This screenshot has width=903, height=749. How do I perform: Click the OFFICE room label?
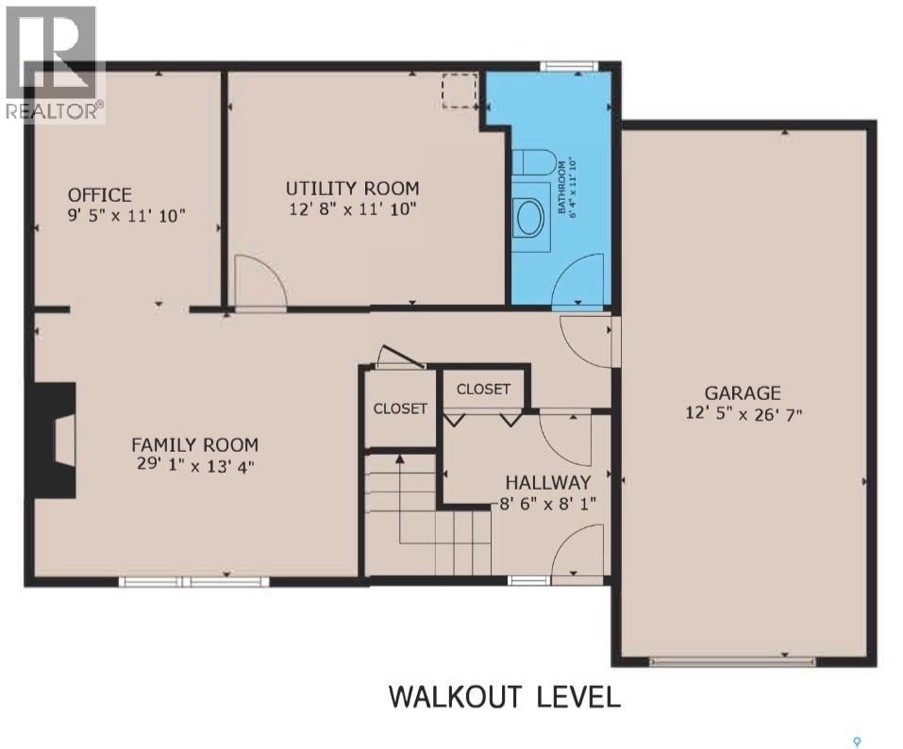99,195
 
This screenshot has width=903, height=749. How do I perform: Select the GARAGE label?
743,392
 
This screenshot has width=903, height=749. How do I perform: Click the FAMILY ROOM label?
194,444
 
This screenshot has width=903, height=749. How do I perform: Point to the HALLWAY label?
547,482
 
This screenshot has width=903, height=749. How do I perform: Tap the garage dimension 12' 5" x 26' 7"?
743,413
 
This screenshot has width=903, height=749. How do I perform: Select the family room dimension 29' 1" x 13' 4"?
194,464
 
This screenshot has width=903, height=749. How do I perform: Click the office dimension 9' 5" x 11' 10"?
126,215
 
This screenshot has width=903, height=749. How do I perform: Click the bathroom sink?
529,213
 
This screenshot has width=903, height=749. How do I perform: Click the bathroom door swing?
576,283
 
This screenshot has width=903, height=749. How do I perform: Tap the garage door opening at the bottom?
720,661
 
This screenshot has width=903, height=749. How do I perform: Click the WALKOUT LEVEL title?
505,698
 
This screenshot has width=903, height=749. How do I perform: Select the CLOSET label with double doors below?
483,389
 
